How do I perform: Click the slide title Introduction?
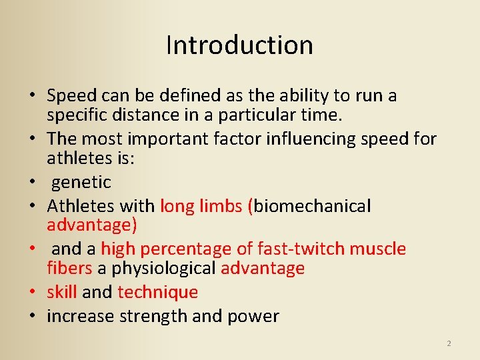pyautogui.click(x=239, y=45)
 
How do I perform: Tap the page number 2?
pyautogui.click(x=449, y=343)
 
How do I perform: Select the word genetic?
pyautogui.click(x=81, y=183)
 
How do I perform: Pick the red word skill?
pyautogui.click(x=62, y=292)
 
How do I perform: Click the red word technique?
pyautogui.click(x=158, y=292)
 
